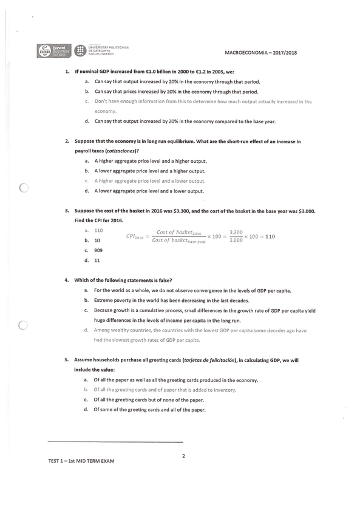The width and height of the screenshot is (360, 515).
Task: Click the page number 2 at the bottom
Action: click(183, 456)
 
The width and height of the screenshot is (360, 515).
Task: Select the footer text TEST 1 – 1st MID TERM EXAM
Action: click(81, 461)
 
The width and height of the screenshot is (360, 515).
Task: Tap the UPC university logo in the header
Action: click(80, 50)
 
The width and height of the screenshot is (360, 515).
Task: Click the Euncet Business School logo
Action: click(55, 51)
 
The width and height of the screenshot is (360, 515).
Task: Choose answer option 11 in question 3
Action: click(97, 260)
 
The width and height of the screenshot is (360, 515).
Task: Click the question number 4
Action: click(67, 280)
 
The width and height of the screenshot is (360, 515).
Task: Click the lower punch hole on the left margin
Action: click(24, 325)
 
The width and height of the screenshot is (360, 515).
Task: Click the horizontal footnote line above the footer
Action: click(115, 442)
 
